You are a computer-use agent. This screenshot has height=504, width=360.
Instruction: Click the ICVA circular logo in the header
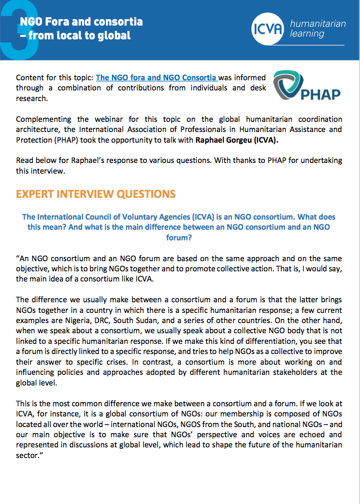coord(268,29)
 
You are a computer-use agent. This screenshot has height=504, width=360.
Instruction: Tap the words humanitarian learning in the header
coord(317,29)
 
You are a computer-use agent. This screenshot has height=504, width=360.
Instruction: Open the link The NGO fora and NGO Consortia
coord(157,77)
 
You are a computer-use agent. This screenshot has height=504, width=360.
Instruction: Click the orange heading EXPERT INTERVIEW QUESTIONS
coord(96,194)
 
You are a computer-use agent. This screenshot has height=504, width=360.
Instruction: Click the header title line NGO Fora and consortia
coord(81,22)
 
